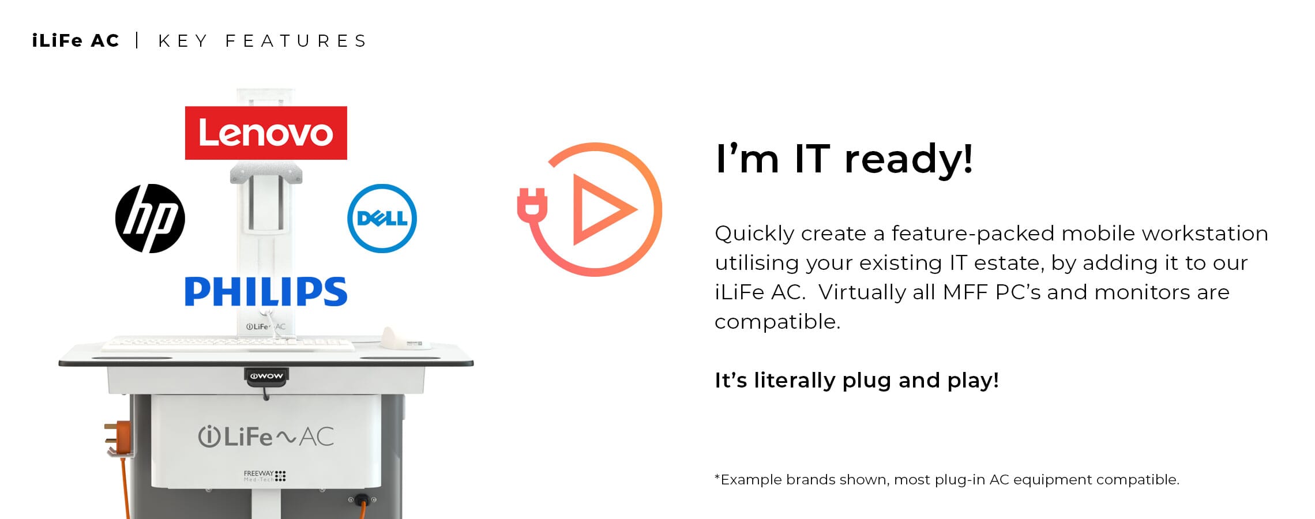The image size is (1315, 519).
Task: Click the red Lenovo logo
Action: (x=266, y=133)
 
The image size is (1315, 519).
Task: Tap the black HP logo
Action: (x=150, y=219)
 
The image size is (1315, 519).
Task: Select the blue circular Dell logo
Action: (x=382, y=219)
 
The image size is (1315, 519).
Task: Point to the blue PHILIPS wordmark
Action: (x=266, y=291)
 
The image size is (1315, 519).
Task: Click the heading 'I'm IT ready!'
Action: (x=844, y=159)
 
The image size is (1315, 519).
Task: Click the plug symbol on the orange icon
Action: (x=532, y=205)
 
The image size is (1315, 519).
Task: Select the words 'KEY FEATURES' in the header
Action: (x=262, y=41)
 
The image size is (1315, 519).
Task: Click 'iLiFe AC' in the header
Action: (x=76, y=41)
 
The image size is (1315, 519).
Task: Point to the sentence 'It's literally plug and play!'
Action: (x=856, y=381)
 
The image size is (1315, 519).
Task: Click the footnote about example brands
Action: (x=946, y=480)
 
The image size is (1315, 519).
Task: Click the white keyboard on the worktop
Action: (x=228, y=344)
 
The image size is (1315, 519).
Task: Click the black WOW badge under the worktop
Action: (x=266, y=376)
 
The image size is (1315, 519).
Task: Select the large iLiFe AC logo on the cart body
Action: (x=266, y=437)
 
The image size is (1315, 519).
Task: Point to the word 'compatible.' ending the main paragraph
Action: (x=777, y=322)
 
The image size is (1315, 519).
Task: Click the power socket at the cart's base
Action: (x=362, y=499)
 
